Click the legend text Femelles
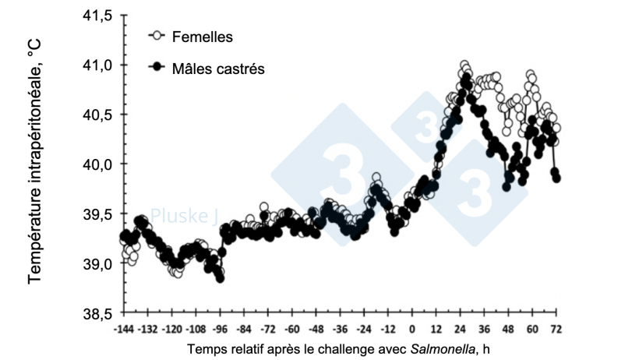coord(202,37)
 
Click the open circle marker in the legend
coord(155,36)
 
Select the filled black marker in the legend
coord(155,68)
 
